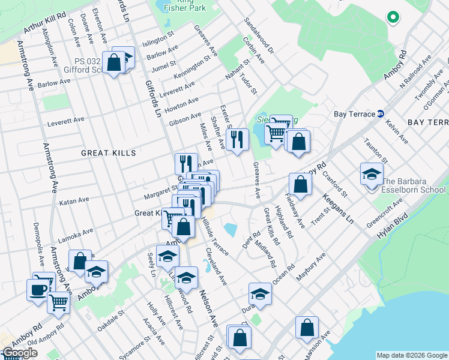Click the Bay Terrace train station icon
380,114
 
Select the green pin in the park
393,18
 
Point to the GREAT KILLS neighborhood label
109,153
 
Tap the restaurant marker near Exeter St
239,140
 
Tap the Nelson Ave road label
206,313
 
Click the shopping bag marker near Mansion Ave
307,328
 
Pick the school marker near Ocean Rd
259,294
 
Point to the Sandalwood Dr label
259,35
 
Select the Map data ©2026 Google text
411,355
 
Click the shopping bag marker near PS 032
113,62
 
